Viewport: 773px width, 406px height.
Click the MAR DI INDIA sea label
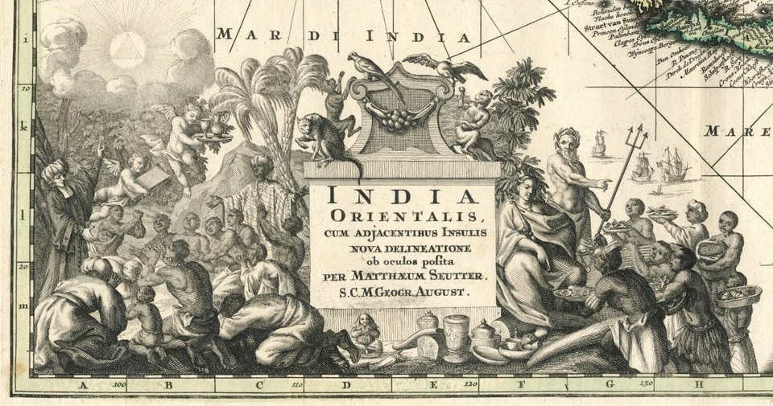point(343,35)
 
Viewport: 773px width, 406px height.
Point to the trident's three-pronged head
point(637,133)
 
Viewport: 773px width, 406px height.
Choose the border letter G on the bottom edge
point(610,384)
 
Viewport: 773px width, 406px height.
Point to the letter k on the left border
point(25,126)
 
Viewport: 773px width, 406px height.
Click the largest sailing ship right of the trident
point(672,166)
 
